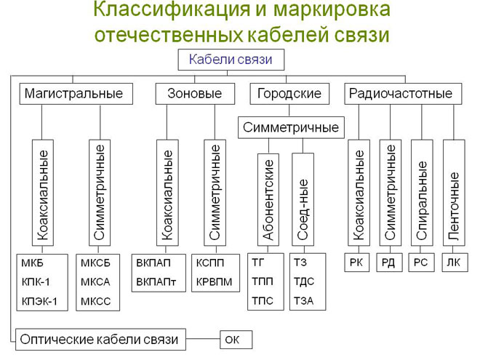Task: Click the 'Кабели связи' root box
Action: (x=231, y=60)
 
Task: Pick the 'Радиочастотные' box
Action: (x=401, y=94)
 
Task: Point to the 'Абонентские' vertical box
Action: (x=268, y=199)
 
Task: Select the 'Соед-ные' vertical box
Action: (x=304, y=199)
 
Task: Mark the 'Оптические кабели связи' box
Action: (x=101, y=338)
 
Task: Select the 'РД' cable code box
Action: (x=388, y=262)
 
